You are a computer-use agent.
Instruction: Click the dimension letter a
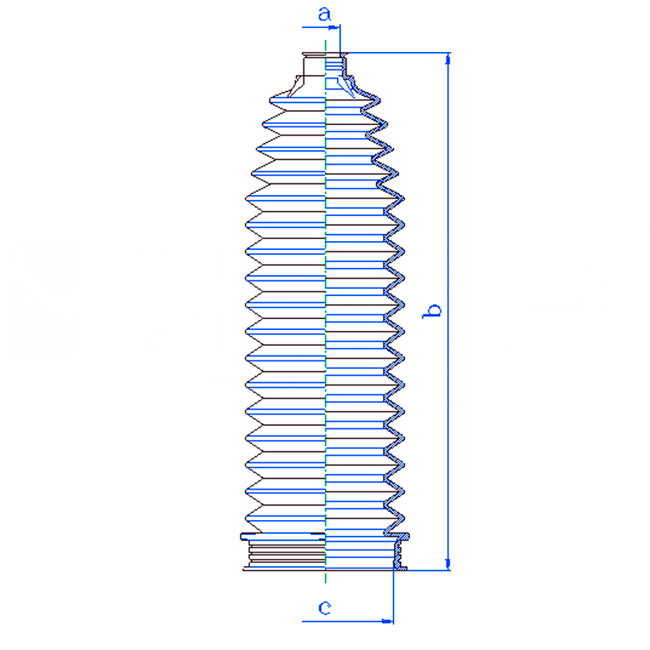pyautogui.click(x=324, y=14)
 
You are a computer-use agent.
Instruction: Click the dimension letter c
pyautogui.click(x=324, y=607)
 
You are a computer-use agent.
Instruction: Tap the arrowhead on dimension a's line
pyautogui.click(x=334, y=27)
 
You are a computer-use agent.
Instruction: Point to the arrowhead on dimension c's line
pyautogui.click(x=387, y=621)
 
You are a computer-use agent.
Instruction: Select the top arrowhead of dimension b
pyautogui.click(x=448, y=59)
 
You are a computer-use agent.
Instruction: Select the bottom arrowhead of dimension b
pyautogui.click(x=448, y=564)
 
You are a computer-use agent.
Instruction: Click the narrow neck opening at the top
pyautogui.click(x=325, y=54)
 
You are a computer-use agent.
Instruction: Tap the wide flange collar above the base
pyautogui.click(x=325, y=537)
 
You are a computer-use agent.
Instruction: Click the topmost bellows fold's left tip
pyautogui.click(x=270, y=100)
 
